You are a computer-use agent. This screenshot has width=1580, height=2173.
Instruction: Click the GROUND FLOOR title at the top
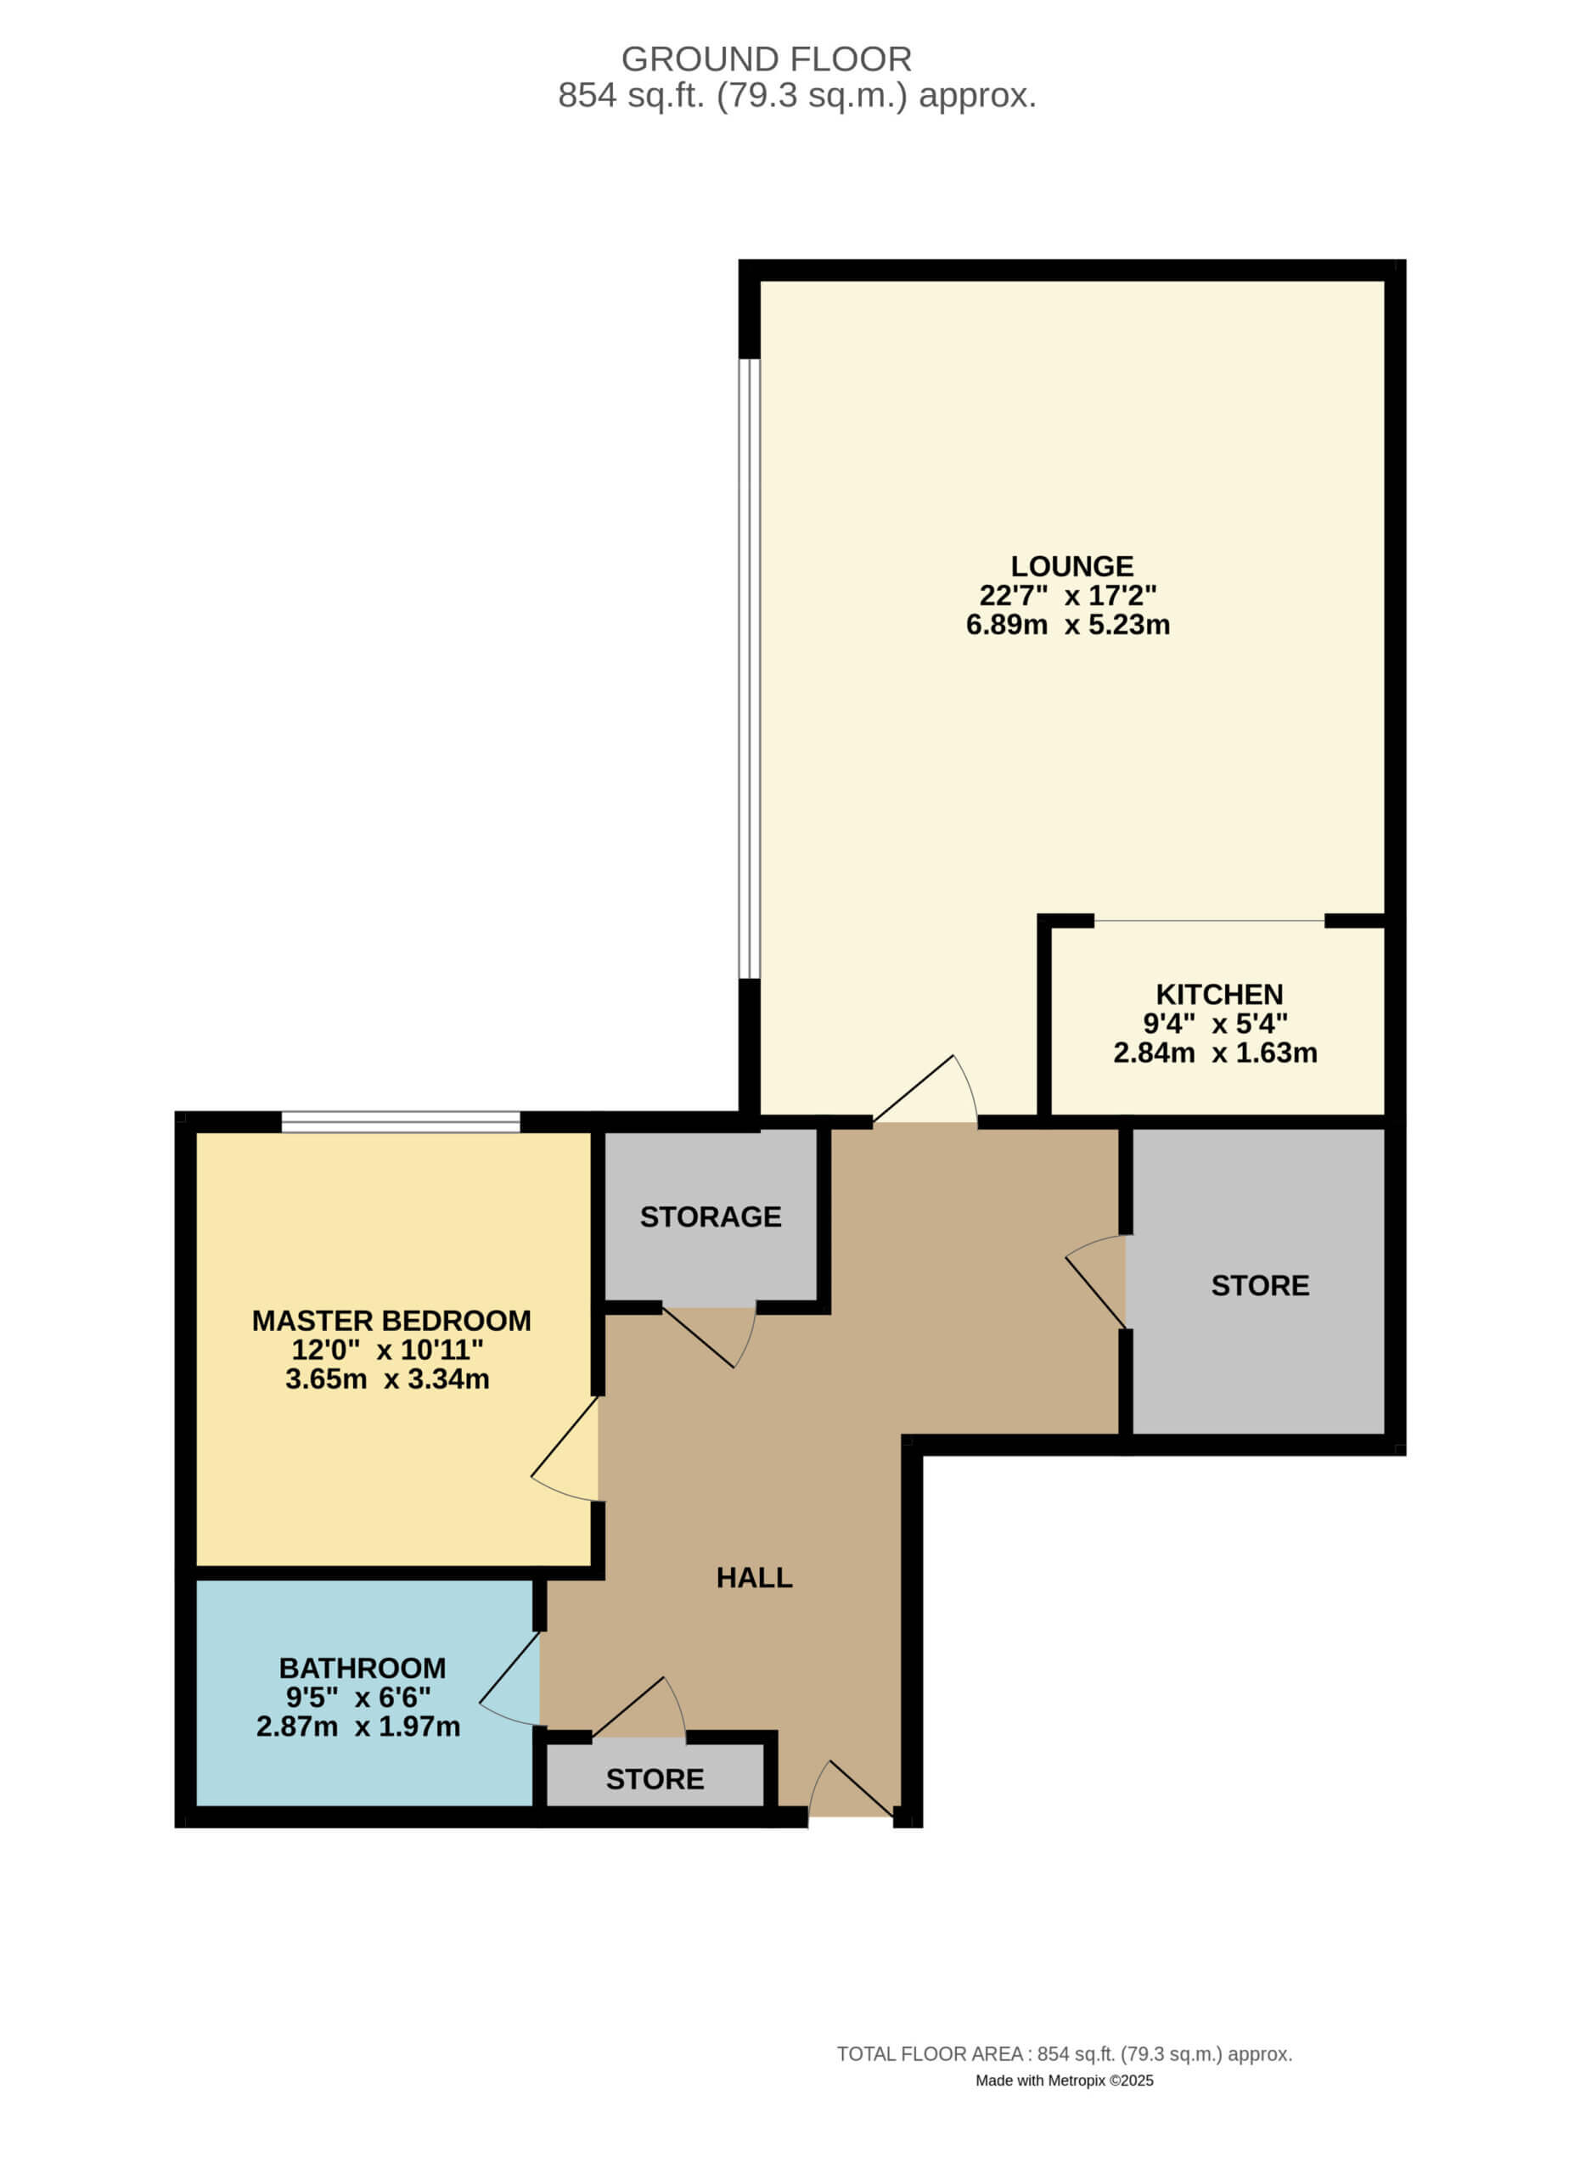point(766,59)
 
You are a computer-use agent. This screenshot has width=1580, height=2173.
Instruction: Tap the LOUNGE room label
point(1071,566)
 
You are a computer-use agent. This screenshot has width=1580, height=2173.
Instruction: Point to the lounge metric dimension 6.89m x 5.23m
point(1067,626)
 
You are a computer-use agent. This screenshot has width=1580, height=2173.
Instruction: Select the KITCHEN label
point(1219,995)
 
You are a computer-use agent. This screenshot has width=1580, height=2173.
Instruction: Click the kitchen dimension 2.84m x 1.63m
point(1214,1053)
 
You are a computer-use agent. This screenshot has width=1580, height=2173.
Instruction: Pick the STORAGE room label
point(710,1217)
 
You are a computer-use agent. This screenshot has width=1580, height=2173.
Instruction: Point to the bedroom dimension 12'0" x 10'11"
point(387,1350)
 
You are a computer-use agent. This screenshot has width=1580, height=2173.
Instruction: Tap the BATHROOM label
point(363,1668)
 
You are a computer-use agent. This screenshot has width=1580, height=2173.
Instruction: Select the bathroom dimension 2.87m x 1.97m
point(357,1727)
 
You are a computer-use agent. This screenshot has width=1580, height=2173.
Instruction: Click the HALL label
point(754,1578)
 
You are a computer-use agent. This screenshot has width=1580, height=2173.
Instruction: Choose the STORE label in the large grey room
point(1259,1286)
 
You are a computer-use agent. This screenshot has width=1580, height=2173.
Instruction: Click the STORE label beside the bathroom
point(655,1779)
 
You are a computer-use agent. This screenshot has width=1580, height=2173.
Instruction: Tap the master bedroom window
point(401,1122)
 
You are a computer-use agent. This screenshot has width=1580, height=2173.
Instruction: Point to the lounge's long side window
point(750,669)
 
